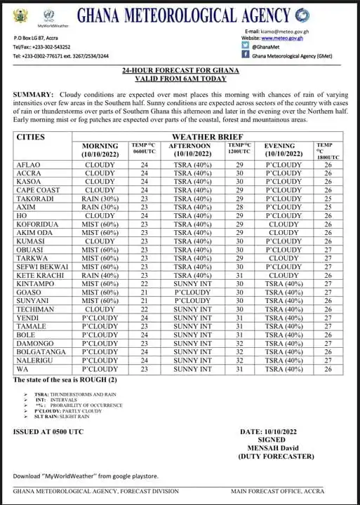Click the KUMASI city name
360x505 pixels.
tap(29, 241)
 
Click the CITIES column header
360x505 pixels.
tap(30, 137)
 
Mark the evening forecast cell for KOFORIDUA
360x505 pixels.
tap(284, 224)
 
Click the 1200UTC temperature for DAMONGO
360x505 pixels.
tap(240, 343)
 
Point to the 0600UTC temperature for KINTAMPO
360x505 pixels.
tap(145, 283)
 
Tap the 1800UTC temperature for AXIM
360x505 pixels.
tap(328, 207)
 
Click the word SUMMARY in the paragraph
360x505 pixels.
tap(33, 94)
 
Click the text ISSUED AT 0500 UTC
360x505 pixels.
tap(48, 431)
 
